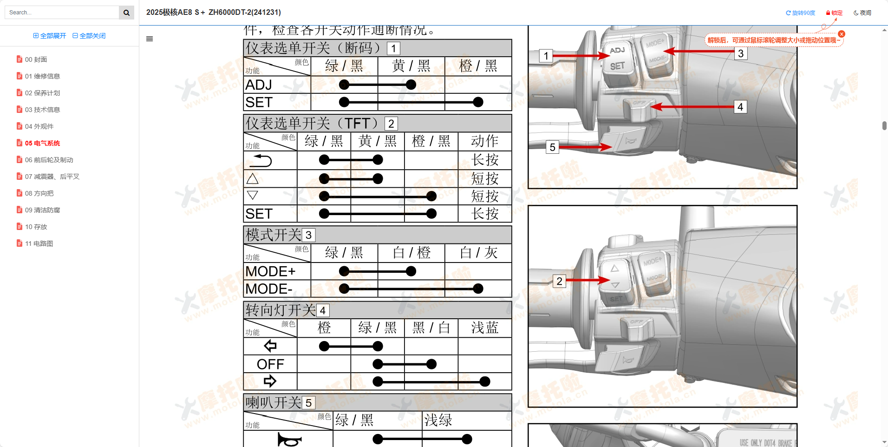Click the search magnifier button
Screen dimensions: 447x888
[x=126, y=13]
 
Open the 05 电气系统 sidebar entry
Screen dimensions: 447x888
[x=42, y=143]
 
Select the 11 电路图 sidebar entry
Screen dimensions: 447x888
[x=39, y=243]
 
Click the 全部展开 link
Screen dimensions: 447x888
[x=50, y=36]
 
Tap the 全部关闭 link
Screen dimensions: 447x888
[x=89, y=36]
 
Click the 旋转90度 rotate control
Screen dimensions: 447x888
[x=800, y=13]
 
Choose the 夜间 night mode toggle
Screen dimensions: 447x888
[x=862, y=13]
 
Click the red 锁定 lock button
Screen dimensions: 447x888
[x=834, y=13]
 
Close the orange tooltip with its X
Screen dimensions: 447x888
[x=842, y=34]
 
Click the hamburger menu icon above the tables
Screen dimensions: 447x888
[x=150, y=39]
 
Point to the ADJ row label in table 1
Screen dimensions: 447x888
[x=259, y=85]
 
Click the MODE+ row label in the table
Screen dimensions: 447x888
[x=270, y=271]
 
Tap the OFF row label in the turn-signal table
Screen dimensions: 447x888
[x=270, y=364]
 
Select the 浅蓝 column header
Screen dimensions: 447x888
[x=484, y=328]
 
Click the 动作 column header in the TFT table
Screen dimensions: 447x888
[x=484, y=141]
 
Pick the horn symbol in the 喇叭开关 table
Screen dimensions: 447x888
[x=289, y=439]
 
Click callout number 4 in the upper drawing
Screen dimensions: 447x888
[x=740, y=107]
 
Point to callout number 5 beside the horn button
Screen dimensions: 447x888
[x=552, y=147]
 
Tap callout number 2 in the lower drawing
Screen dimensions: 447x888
[x=559, y=281]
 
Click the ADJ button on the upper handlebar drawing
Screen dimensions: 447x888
[x=617, y=50]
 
